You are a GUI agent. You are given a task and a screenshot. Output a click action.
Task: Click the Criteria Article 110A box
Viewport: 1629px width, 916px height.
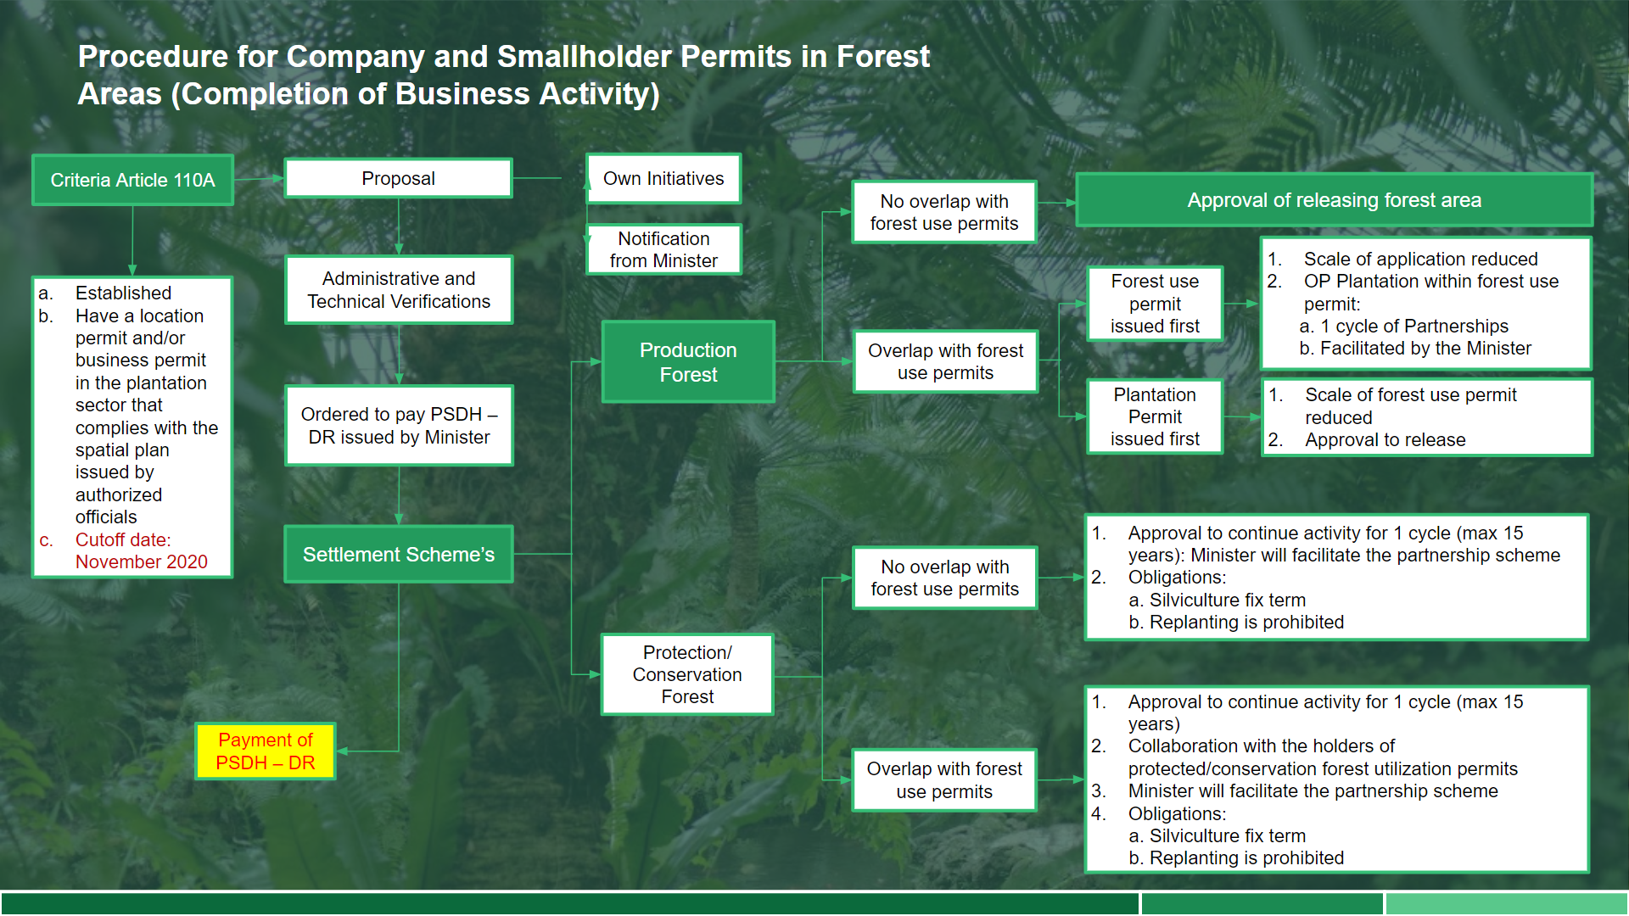point(132,180)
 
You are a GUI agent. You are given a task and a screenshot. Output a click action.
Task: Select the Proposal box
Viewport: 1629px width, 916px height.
point(398,178)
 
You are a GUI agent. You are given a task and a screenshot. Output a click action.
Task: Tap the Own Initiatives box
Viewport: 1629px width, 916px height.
point(663,178)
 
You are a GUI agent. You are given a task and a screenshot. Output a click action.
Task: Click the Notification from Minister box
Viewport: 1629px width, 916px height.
point(663,249)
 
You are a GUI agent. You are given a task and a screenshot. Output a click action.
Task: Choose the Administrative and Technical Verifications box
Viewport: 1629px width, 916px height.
point(398,290)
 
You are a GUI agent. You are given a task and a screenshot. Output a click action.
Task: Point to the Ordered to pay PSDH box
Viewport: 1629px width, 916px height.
point(398,426)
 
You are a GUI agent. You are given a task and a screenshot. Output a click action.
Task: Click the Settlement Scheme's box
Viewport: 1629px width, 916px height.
point(398,555)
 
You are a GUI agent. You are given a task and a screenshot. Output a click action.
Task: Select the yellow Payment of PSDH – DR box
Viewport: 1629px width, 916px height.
point(265,751)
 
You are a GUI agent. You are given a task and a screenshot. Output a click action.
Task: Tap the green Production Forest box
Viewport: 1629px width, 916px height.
point(687,362)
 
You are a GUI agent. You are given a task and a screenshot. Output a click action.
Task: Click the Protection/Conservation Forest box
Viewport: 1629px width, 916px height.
point(686,674)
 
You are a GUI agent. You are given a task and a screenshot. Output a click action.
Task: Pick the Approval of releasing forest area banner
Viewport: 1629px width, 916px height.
point(1333,200)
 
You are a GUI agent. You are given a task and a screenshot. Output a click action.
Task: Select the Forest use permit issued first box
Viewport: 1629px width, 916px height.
point(1154,304)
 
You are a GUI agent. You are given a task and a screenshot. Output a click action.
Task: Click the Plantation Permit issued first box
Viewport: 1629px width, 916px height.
point(1154,416)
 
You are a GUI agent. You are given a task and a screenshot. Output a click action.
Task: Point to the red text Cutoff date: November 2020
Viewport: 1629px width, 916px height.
point(141,551)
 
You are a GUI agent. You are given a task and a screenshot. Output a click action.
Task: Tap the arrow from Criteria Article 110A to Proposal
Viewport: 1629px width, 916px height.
point(259,179)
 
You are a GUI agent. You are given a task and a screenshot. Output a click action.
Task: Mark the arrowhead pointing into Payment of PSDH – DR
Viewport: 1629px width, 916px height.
point(342,751)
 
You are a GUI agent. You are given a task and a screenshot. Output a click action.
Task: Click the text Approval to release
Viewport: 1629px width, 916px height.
point(1385,440)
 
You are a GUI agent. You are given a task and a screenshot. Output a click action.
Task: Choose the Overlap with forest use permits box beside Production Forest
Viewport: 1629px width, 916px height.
point(944,362)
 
